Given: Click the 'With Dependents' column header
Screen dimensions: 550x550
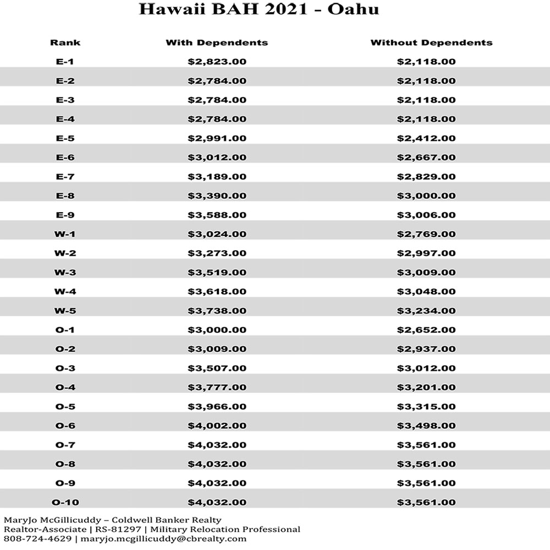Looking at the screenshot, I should pos(217,42).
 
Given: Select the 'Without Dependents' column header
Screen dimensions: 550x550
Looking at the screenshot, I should pos(431,42).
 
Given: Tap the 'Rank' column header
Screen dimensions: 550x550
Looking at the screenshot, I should pos(65,42).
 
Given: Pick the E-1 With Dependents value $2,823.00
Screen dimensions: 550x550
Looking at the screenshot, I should pos(217,62).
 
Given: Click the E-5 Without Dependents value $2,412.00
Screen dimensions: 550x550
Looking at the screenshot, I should pos(426,138).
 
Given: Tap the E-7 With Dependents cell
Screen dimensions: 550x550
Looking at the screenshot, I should pos(217,177).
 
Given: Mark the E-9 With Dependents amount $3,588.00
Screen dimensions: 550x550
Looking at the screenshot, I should pos(217,215).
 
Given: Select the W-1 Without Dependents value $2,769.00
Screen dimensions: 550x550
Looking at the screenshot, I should pos(426,234).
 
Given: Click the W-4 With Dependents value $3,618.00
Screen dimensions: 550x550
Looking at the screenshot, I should pos(217,291).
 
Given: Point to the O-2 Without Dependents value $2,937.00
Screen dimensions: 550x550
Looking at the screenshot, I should pos(426,349).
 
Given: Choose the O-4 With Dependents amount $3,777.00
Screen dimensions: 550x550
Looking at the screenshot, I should pos(217,387).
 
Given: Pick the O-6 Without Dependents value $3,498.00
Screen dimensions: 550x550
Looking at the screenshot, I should pos(426,426).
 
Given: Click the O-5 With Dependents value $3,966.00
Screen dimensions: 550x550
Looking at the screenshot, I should pos(217,406).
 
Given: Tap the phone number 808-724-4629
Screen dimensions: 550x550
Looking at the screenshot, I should pos(37,538).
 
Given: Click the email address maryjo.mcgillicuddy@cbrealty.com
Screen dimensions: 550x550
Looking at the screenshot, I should pos(163,538).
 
